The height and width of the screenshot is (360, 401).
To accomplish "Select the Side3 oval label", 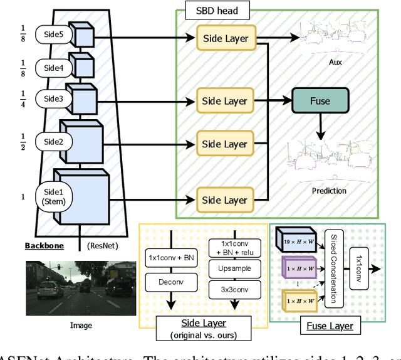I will pyautogui.click(x=54, y=98).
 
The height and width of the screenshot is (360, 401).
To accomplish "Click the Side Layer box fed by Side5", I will pyautogui.click(x=225, y=38).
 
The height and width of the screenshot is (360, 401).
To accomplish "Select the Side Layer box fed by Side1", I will pyautogui.click(x=225, y=199).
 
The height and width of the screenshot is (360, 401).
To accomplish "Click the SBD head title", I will pyautogui.click(x=213, y=11).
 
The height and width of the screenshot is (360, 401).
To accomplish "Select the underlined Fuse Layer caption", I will pyautogui.click(x=330, y=326).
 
